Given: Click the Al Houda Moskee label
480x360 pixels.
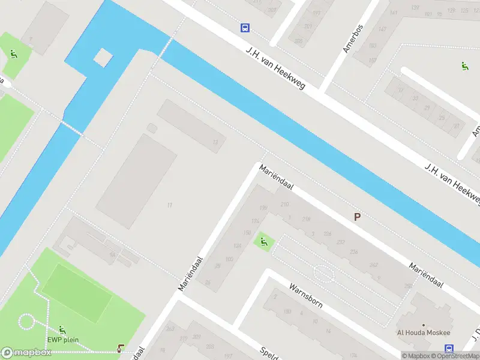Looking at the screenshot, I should click(x=424, y=333).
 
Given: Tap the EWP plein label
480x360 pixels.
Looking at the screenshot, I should click(x=63, y=340).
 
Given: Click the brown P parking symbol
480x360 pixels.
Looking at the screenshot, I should click(x=358, y=217).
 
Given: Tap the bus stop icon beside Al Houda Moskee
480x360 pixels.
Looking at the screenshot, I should click(x=449, y=349).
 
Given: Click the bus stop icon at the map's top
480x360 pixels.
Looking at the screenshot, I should click(x=245, y=28).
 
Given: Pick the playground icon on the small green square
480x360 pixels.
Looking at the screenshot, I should click(x=263, y=242).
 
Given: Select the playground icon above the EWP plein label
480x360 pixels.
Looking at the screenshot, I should click(x=62, y=330).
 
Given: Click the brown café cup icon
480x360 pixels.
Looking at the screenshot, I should click(x=122, y=348).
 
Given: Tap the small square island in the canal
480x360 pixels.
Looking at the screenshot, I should click(x=103, y=58).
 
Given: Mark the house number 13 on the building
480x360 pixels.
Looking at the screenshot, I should click(x=215, y=142).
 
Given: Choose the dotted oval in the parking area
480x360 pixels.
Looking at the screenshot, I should click(x=323, y=274).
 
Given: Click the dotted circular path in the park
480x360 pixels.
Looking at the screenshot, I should click(x=26, y=322).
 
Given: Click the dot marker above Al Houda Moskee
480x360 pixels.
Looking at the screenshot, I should click(x=424, y=324).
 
